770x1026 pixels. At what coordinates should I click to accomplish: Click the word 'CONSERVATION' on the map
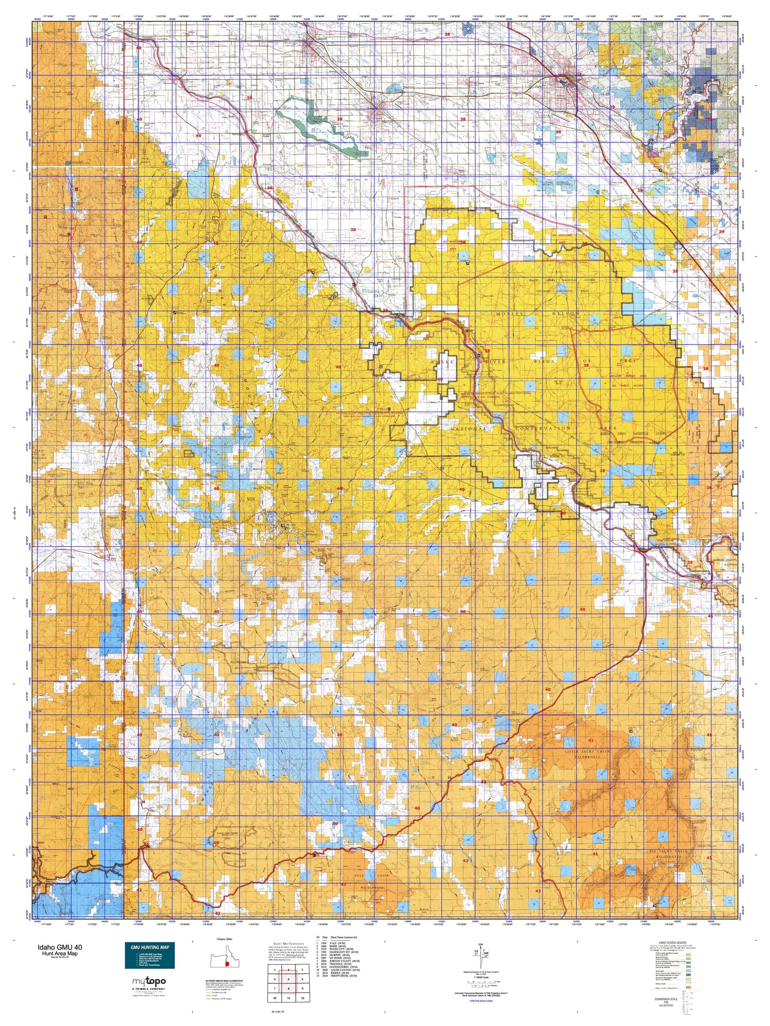[542, 428]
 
